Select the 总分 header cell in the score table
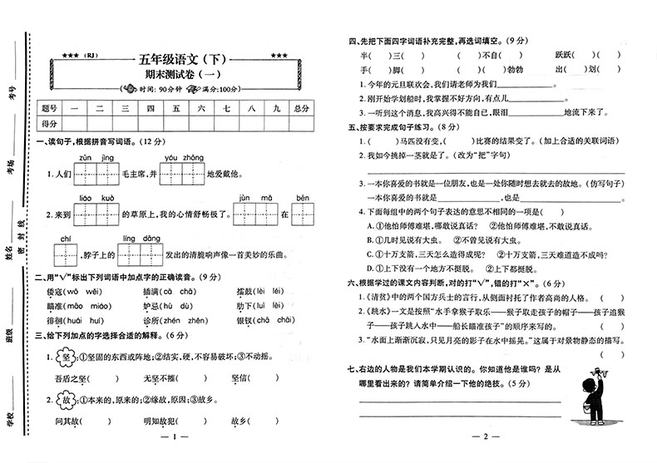tap(301, 108)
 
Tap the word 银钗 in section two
tap(245, 323)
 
